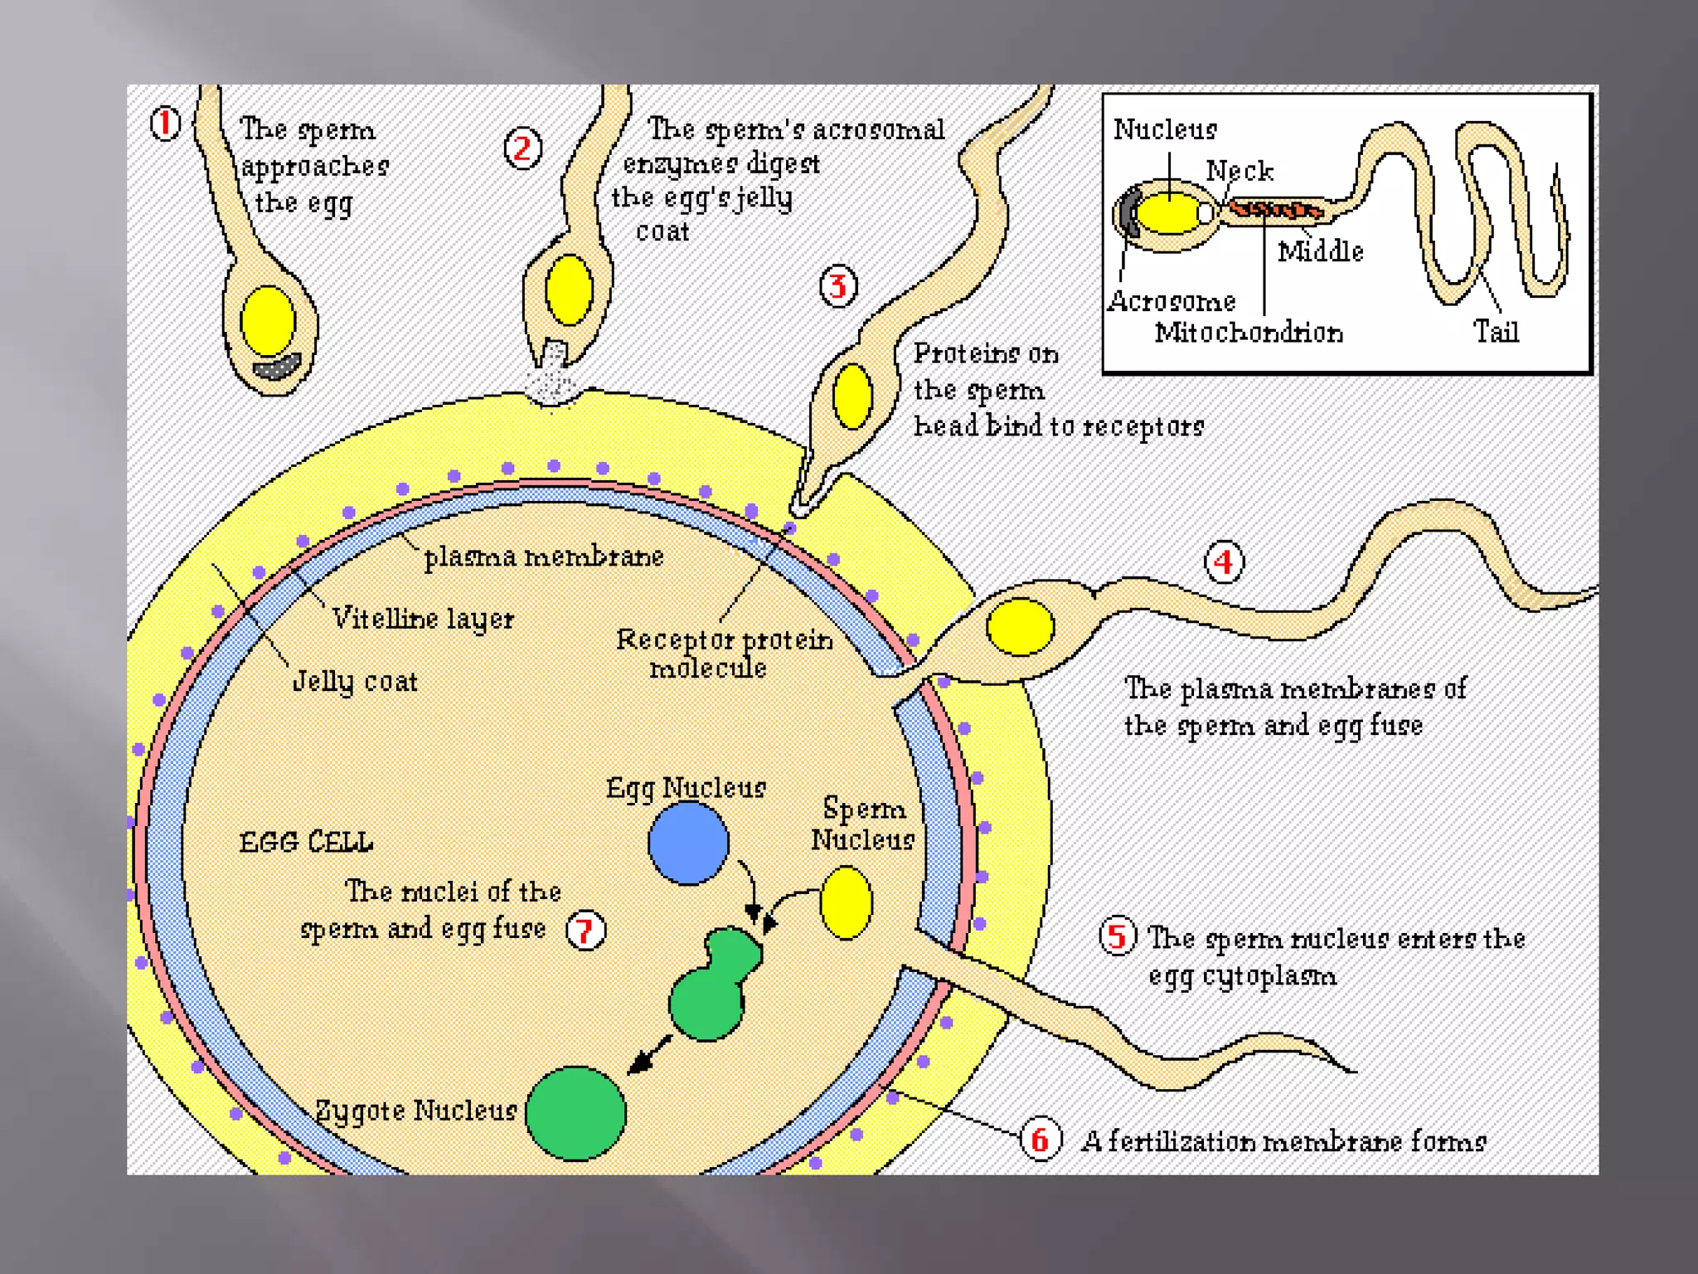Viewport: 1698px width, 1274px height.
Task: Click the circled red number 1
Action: pos(165,124)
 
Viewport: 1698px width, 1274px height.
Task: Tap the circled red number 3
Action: pos(838,287)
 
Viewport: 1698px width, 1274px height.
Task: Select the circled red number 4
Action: pos(1224,562)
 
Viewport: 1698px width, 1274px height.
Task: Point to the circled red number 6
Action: pos(1040,1140)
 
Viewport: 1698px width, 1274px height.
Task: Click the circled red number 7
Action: pos(585,930)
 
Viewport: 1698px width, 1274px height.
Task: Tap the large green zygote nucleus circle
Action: pos(576,1112)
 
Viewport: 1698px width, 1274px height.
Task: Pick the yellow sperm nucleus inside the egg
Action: pos(847,902)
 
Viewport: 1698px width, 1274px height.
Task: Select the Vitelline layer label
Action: pos(423,619)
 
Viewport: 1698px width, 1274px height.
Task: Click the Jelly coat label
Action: pos(355,681)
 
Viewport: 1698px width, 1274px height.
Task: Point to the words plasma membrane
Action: pos(544,557)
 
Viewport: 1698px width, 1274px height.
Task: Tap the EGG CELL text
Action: pos(306,843)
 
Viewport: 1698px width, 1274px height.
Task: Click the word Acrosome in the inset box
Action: pos(1172,301)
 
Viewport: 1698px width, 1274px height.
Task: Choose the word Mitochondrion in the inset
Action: pos(1249,333)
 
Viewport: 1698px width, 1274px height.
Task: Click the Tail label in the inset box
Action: pos(1496,332)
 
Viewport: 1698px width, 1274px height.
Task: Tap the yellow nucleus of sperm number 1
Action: pos(268,322)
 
